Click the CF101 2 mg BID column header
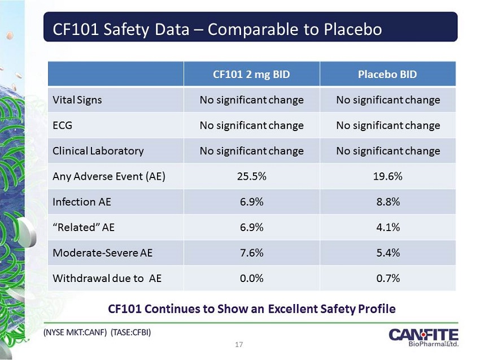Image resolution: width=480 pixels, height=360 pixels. point(251,74)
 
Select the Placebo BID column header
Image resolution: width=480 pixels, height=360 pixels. point(388,74)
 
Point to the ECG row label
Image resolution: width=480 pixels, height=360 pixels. point(62,125)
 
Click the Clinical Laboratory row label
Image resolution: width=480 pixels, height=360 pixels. point(98,151)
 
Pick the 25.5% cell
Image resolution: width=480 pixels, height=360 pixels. point(251,176)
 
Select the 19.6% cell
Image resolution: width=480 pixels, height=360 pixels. point(388,176)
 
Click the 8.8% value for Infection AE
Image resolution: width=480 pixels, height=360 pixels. point(388,202)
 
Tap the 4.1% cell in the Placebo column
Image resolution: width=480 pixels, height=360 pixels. point(388,227)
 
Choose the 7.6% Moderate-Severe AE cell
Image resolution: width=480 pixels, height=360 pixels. point(251,253)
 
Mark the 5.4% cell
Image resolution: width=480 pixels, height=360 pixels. point(388,253)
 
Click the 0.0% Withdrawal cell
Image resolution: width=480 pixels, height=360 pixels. point(251,278)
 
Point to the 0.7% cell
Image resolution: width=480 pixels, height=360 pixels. point(388,278)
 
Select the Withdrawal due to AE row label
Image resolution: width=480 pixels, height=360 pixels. point(107,278)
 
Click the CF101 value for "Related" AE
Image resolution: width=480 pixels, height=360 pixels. point(251,227)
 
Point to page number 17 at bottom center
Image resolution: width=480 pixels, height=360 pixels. point(240,345)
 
